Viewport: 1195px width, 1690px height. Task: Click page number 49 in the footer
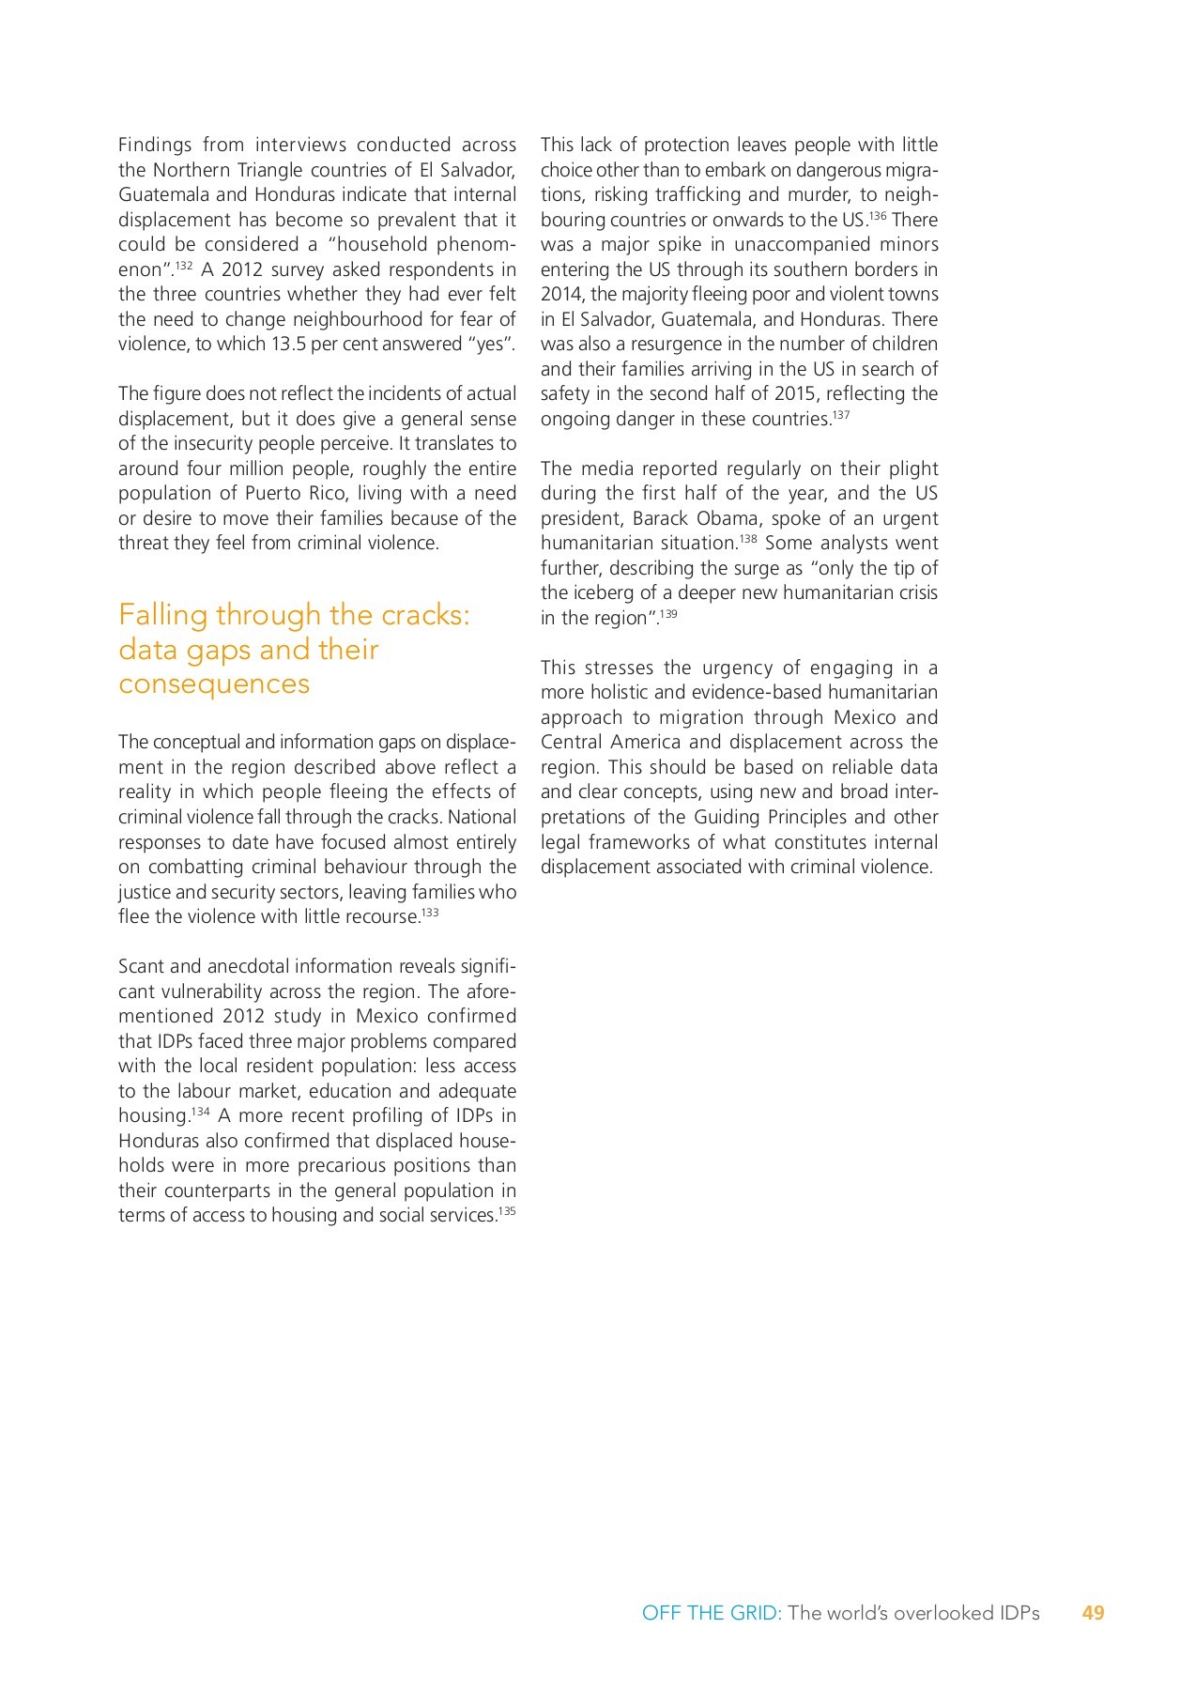click(x=1093, y=1613)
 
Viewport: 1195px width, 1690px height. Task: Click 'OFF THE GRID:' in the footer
click(x=711, y=1613)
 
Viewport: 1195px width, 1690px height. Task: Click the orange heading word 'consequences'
click(x=214, y=684)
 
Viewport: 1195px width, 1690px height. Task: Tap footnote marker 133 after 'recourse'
click(x=430, y=912)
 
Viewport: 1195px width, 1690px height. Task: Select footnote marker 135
click(x=507, y=1210)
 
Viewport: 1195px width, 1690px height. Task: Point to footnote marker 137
click(x=841, y=414)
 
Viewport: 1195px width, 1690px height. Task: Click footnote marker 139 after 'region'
click(x=667, y=613)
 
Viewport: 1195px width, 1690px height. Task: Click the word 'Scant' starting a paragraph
click(x=143, y=966)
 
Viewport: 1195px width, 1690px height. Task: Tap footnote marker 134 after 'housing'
click(x=201, y=1112)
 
